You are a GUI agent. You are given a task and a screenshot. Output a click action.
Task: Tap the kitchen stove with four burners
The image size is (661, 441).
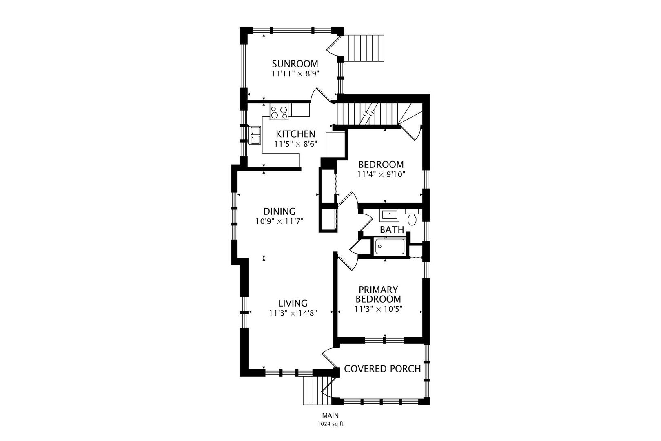coord(279,112)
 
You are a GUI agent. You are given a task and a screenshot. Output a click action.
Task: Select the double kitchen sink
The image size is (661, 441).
coord(255,136)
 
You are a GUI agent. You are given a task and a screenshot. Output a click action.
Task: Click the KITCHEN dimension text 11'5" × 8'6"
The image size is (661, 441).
coord(295,144)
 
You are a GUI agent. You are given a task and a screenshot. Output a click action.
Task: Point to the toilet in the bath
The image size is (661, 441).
coord(412,217)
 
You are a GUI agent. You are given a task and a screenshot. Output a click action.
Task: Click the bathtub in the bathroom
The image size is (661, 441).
coord(390,247)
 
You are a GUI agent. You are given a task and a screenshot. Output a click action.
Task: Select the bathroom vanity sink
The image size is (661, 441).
coord(389,215)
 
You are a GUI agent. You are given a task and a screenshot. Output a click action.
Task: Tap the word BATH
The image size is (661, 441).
coord(392,230)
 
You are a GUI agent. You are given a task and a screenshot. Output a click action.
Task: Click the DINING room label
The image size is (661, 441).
coord(279,212)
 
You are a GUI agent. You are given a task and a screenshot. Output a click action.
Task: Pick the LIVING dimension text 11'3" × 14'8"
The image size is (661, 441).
coord(293,313)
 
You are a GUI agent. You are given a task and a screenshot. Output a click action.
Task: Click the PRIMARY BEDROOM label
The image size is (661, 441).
coord(378,294)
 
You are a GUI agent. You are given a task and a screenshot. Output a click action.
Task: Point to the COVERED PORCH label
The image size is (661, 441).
coord(382,369)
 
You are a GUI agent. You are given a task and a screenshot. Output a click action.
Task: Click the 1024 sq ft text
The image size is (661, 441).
coord(330,424)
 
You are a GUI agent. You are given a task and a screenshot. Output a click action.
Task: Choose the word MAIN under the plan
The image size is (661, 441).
coord(330,416)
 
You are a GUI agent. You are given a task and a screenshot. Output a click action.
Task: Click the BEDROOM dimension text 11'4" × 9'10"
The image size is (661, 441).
coord(381,174)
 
